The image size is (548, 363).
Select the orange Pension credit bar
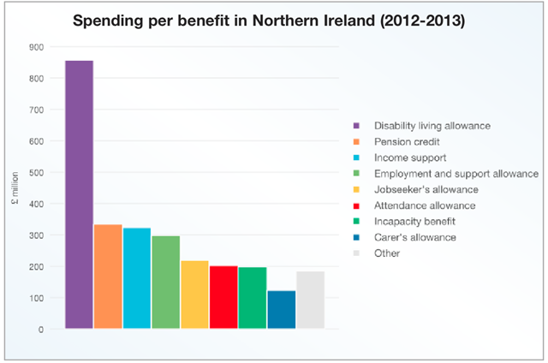pyautogui.click(x=108, y=277)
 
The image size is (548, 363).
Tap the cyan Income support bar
pyautogui.click(x=137, y=278)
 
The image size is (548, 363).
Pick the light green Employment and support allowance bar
pyautogui.click(x=166, y=283)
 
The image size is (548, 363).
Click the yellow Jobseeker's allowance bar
pyautogui.click(x=194, y=295)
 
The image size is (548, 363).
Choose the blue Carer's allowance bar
pyautogui.click(x=282, y=310)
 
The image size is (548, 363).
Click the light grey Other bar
pyautogui.click(x=310, y=301)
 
